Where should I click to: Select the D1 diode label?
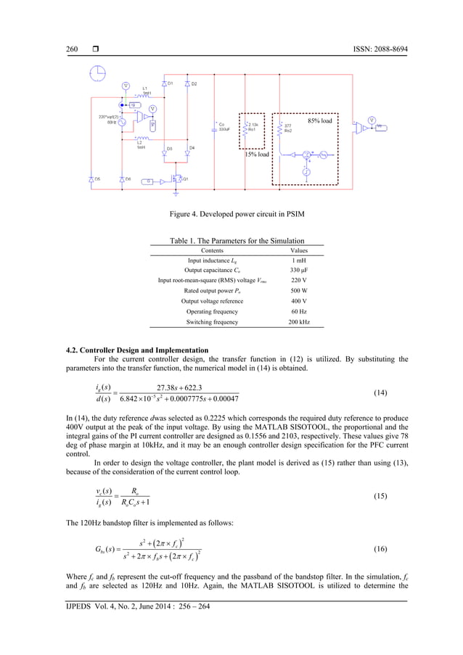(x=171, y=83)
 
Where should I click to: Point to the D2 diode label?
(x=194, y=84)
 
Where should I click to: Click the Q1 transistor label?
(x=185, y=179)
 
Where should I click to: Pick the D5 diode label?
(x=97, y=178)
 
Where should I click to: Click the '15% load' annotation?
(x=256, y=155)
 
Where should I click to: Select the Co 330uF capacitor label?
(x=225, y=128)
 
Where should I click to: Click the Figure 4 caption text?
(x=231, y=215)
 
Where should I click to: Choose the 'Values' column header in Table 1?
(x=299, y=250)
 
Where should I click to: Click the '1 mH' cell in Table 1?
(x=299, y=260)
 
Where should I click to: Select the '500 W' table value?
(x=299, y=291)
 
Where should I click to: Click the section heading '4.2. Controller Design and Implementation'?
(x=137, y=351)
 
